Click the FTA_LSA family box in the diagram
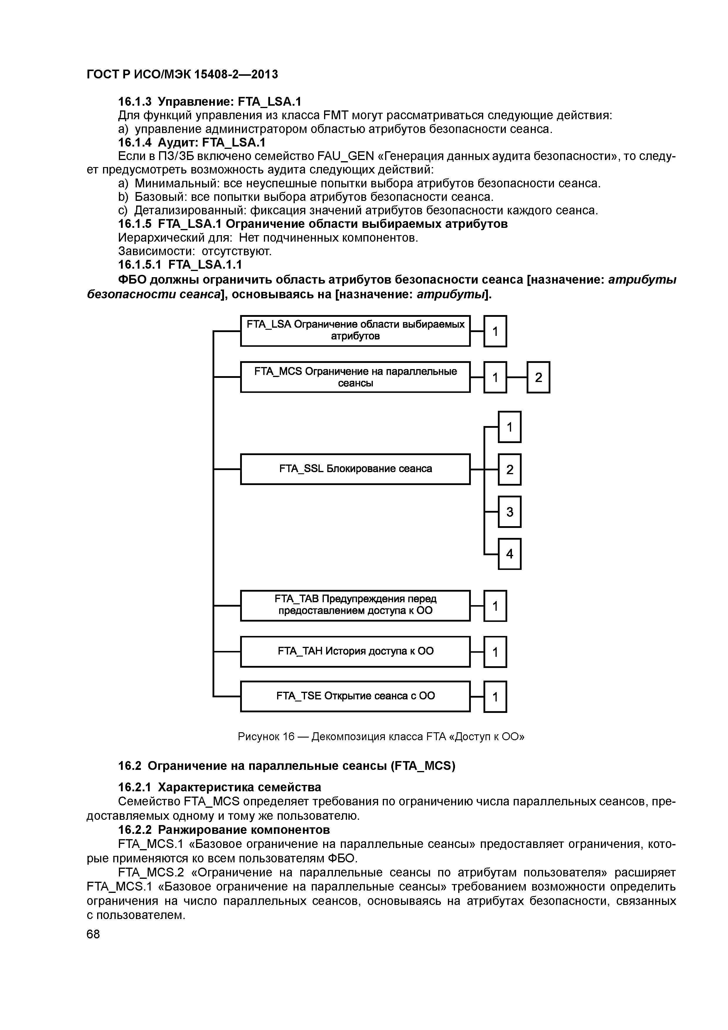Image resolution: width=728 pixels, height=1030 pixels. tap(355, 331)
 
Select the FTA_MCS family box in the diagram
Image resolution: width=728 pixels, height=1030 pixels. tap(355, 377)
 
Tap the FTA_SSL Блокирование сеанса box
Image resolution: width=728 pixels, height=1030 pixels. tap(355, 469)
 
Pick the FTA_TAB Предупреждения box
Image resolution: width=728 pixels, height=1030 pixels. tap(355, 605)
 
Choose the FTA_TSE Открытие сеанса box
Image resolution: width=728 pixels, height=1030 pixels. tap(355, 696)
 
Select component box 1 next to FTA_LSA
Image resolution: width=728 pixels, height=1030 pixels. tap(495, 331)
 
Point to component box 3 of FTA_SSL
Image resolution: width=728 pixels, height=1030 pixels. tap(510, 512)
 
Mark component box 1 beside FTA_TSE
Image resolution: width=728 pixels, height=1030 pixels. tap(495, 697)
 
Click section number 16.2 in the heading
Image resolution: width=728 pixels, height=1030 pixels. tap(130, 766)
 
